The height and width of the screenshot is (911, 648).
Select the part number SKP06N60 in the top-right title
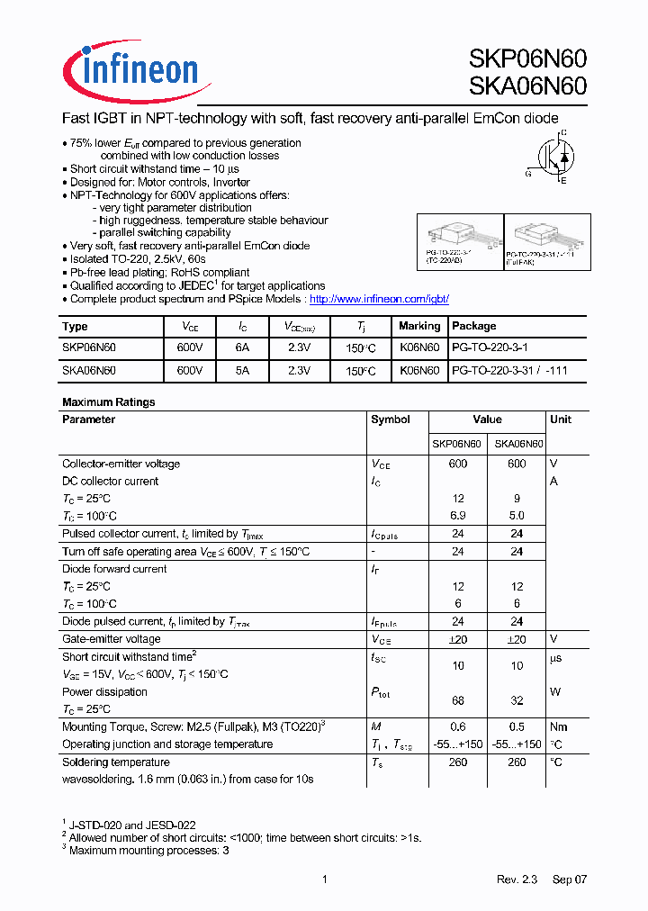[x=527, y=59]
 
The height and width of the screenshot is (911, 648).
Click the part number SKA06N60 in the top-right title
[x=527, y=86]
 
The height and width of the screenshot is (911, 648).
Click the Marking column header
[x=419, y=326]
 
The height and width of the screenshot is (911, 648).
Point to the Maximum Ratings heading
[x=108, y=402]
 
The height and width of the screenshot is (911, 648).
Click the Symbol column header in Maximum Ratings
[x=390, y=419]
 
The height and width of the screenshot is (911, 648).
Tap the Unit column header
[x=560, y=419]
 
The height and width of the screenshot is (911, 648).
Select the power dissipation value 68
[x=457, y=700]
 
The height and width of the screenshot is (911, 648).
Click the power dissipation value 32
[x=517, y=700]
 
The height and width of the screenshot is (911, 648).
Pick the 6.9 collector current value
[x=457, y=516]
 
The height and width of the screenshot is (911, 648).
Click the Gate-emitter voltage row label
[x=111, y=639]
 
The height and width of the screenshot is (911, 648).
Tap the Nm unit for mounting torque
[x=559, y=726]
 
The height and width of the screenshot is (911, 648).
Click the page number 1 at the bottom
[x=324, y=879]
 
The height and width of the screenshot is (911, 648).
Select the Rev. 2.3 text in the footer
[x=517, y=879]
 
